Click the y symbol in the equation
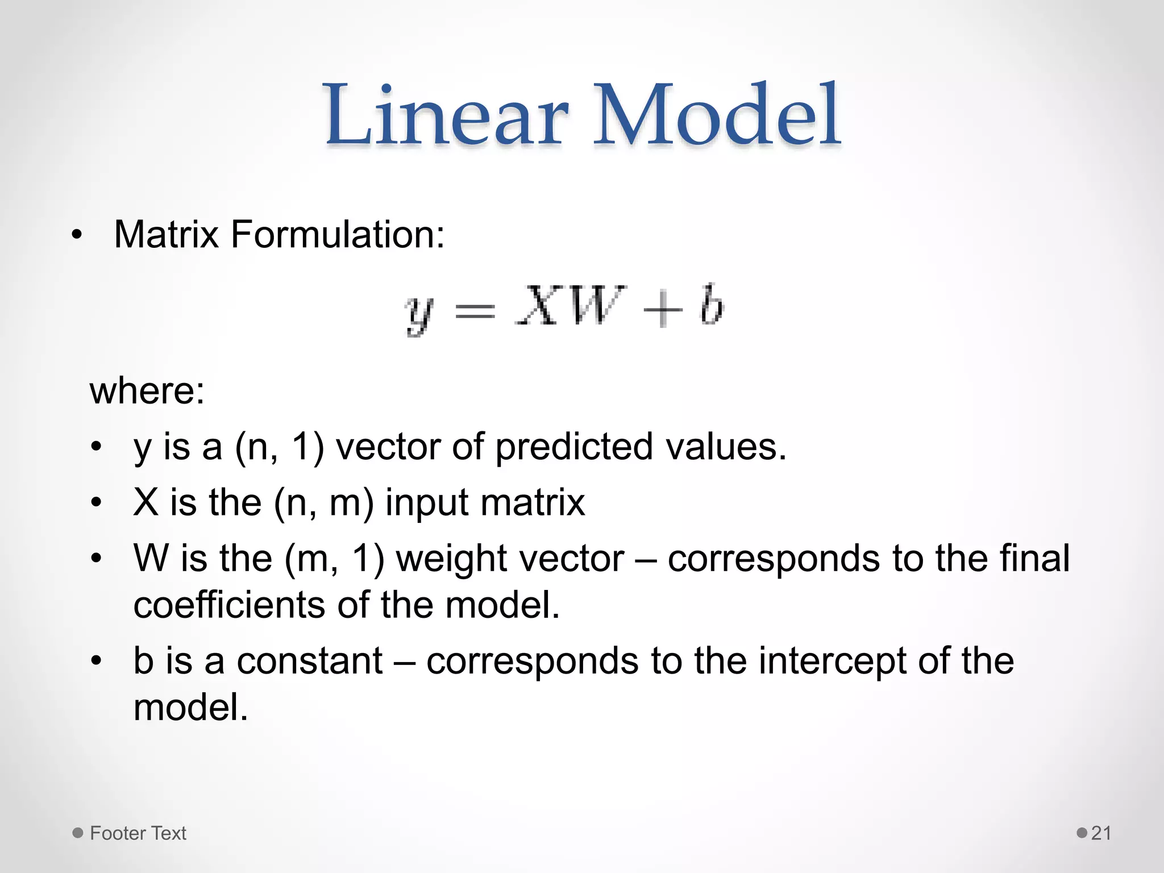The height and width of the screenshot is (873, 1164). (419, 314)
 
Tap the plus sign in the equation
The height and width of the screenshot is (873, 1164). (662, 310)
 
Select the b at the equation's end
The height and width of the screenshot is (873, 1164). (711, 305)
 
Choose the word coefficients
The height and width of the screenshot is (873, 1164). (229, 605)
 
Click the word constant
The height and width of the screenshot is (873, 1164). (310, 661)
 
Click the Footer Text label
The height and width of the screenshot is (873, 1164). (138, 833)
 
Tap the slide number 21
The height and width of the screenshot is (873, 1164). (1101, 833)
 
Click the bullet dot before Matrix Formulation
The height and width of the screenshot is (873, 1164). (77, 235)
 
